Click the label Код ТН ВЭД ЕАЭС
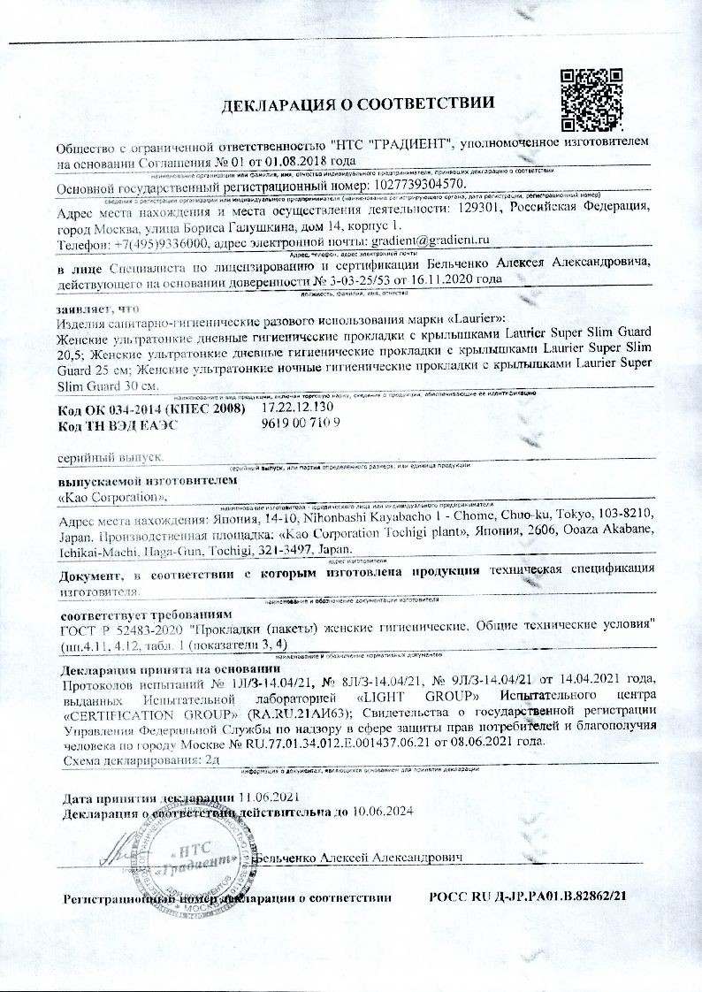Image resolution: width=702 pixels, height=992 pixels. point(118,424)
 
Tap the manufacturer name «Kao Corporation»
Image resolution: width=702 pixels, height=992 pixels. point(100,498)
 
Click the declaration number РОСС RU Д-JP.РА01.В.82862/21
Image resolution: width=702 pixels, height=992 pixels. point(528,897)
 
